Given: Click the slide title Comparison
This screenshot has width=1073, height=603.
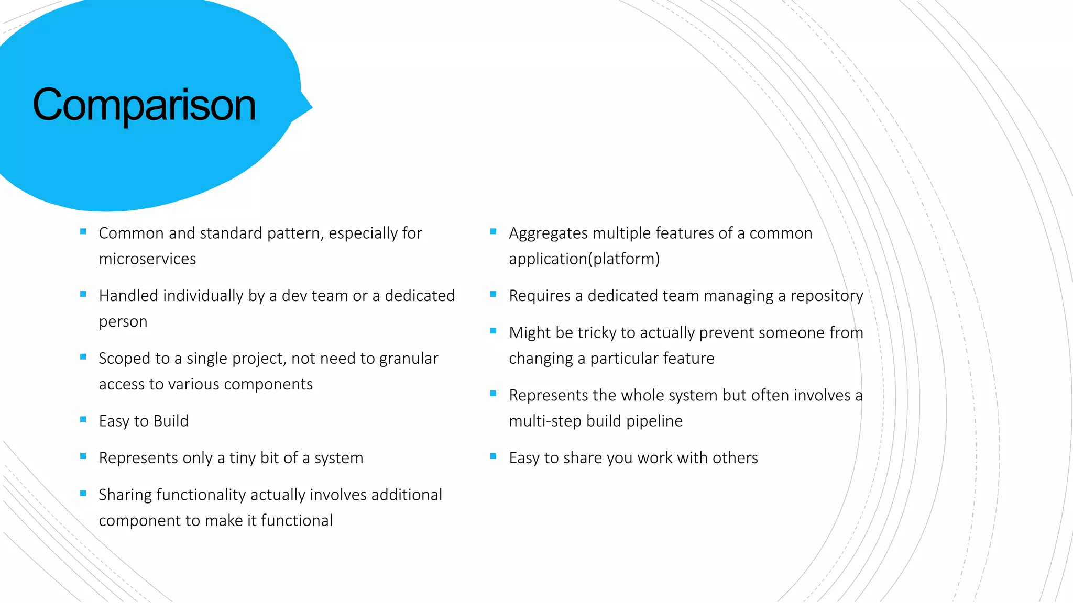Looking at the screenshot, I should point(144,105).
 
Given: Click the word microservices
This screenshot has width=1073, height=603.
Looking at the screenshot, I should point(147,259).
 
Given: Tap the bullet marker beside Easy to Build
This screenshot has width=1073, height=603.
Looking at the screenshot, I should point(83,419).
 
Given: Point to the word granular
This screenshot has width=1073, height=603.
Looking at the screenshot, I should point(409,359).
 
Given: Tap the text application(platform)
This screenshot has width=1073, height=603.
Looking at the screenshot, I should point(584,259).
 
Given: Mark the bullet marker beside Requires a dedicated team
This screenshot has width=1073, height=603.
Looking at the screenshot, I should point(494,294).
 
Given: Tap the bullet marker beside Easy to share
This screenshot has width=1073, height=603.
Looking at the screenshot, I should point(494,456).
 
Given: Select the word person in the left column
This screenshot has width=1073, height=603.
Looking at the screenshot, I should point(123,322).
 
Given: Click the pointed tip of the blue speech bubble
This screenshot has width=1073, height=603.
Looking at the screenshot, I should point(312,108).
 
